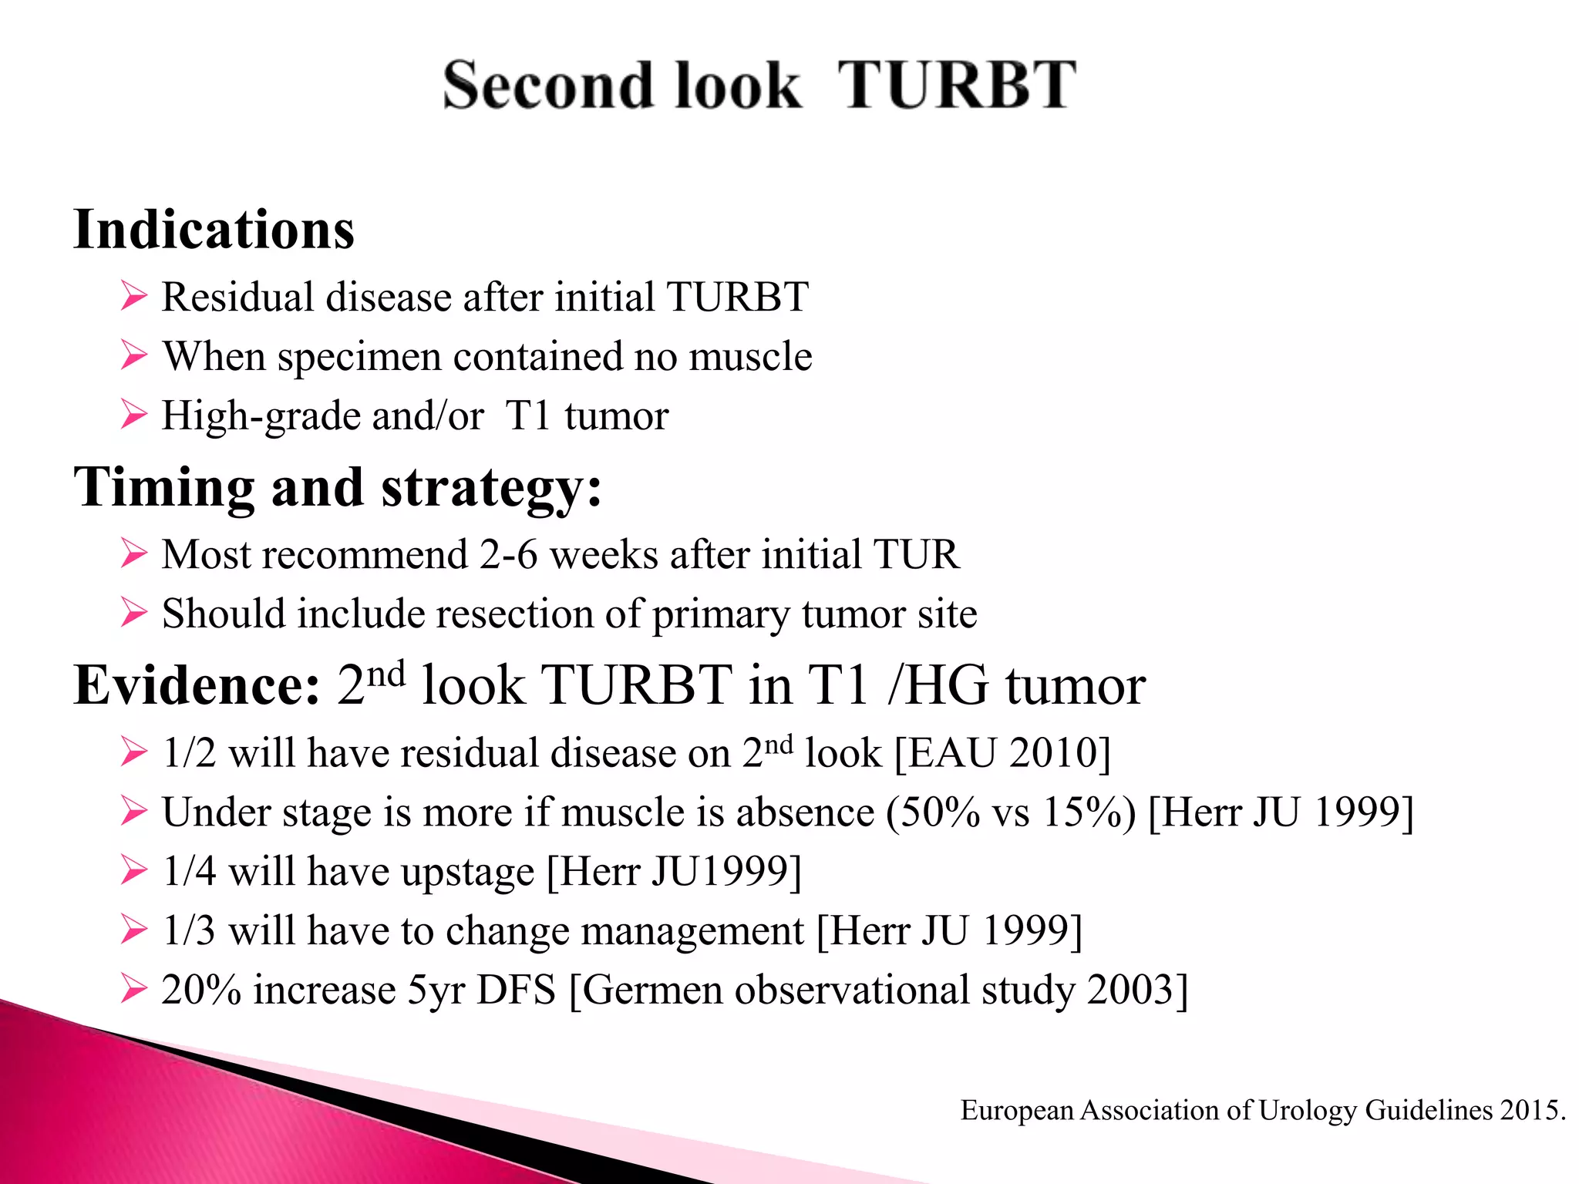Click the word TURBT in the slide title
[x=956, y=85]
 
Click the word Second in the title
[x=544, y=85]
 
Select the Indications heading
[x=214, y=230]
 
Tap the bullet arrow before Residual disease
[x=133, y=297]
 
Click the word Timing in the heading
[x=163, y=488]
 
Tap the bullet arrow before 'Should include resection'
[x=133, y=614]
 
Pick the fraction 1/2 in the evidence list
[x=189, y=753]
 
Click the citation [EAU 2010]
[x=1002, y=753]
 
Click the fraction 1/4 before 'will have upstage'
[x=189, y=872]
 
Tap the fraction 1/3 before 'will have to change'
[x=189, y=931]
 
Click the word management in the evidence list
[x=692, y=931]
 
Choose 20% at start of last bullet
[x=201, y=991]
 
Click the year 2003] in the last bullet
[x=1137, y=991]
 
